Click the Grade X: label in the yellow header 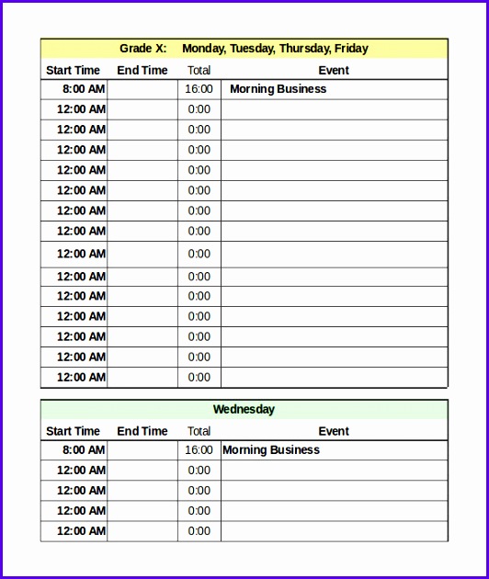point(142,49)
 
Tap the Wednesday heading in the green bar point(244,410)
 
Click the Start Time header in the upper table point(73,70)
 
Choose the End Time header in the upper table point(142,70)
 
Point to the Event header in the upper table point(334,70)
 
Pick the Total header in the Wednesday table point(199,431)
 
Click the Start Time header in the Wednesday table point(73,431)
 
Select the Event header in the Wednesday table point(334,431)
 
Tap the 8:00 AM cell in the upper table point(84,89)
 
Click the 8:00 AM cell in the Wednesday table point(84,450)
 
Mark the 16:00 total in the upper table point(199,89)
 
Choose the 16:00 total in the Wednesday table point(199,450)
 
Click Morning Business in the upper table point(278,89)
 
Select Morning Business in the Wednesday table point(271,450)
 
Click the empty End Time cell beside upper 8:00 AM point(142,89)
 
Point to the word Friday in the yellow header point(351,49)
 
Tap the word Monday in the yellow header point(202,49)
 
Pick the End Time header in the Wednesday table point(142,431)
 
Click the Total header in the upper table point(199,70)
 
